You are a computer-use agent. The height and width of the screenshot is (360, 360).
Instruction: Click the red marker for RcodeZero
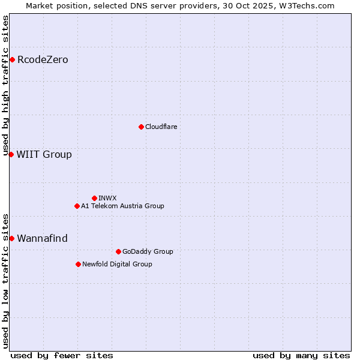click(x=12, y=59)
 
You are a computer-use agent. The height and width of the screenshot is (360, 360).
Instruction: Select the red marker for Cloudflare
click(x=141, y=127)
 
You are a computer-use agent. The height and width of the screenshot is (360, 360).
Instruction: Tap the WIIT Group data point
click(x=11, y=154)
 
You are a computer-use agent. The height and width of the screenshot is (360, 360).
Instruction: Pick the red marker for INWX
click(x=94, y=198)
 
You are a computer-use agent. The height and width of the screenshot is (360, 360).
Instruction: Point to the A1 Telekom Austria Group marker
click(x=77, y=206)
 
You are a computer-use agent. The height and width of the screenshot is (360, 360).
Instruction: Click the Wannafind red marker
click(x=11, y=238)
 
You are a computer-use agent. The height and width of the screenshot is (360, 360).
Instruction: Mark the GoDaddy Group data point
click(x=118, y=251)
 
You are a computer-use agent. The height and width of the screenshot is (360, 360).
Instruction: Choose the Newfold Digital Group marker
click(x=78, y=264)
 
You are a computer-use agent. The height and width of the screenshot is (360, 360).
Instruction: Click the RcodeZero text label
click(x=43, y=59)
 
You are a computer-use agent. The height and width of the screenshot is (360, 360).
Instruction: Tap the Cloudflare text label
click(x=161, y=127)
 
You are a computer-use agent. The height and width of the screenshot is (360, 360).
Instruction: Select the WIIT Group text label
click(x=44, y=154)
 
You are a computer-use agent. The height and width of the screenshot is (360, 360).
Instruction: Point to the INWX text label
click(x=107, y=198)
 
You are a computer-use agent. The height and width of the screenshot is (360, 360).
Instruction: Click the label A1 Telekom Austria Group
click(x=122, y=206)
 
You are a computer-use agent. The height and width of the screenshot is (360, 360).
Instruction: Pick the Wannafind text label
click(x=42, y=238)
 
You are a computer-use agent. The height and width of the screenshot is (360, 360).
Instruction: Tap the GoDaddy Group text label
click(x=147, y=251)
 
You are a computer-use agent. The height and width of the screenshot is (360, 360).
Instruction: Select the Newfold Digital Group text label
click(x=117, y=264)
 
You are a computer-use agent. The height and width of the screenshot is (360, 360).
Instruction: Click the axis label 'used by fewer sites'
click(x=62, y=355)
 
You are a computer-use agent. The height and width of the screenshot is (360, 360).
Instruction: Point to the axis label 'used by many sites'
click(x=301, y=355)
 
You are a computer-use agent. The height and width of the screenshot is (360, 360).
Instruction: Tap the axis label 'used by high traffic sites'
click(x=6, y=86)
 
